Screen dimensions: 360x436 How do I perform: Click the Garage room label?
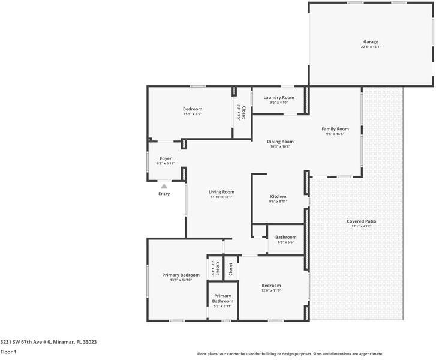point(370,42)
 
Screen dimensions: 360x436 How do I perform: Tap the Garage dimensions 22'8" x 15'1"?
point(370,47)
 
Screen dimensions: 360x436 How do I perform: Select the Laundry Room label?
point(279,97)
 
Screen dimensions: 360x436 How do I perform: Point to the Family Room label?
point(335,129)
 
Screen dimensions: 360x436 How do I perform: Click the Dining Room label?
point(280,142)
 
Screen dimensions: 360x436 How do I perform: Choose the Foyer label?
point(165,158)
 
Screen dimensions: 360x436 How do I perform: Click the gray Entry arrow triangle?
point(164,187)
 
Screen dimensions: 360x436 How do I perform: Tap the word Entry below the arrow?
point(164,194)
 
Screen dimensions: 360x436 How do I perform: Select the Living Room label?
point(221,192)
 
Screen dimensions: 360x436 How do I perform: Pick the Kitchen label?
point(278,197)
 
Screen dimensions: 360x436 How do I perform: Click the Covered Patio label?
point(361,221)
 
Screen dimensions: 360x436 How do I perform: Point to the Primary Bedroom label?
point(181,275)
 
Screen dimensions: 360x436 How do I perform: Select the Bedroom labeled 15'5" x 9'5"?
point(193,109)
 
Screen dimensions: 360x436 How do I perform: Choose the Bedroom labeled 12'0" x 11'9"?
point(271,286)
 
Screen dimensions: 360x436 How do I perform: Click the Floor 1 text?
point(8,352)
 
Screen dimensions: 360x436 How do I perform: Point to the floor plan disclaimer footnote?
point(290,354)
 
